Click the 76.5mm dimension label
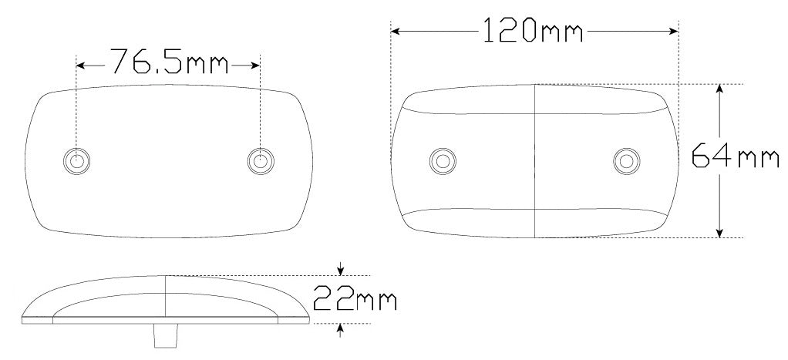(x=169, y=62)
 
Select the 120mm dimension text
(x=533, y=30)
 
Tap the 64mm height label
(x=736, y=156)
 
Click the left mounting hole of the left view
(x=76, y=161)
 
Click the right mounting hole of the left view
(x=261, y=161)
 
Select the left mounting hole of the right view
(x=443, y=161)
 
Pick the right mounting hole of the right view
(x=626, y=161)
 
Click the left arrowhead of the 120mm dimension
(x=395, y=31)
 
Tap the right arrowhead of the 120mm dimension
(x=674, y=31)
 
